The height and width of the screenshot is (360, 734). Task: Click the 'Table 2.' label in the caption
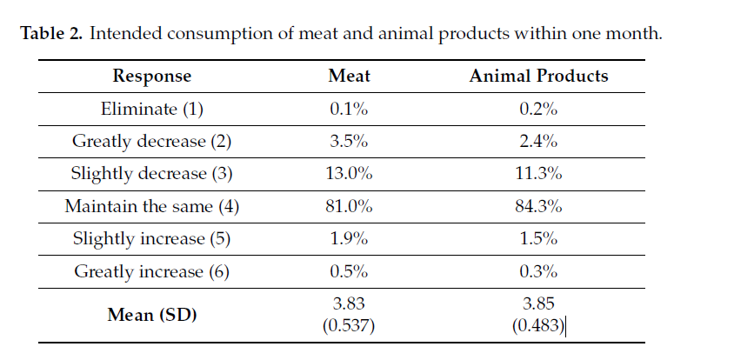52,35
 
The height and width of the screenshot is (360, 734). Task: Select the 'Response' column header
152,76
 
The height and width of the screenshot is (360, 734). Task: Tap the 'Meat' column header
349,76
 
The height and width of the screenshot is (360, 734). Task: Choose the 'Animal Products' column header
538,76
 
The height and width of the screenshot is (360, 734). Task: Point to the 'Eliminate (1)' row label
152,109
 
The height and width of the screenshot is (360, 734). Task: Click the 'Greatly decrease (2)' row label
152,141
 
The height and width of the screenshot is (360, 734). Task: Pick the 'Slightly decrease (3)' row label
152,173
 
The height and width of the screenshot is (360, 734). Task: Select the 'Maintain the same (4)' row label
152,206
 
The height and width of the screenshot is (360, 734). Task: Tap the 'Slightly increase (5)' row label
152,239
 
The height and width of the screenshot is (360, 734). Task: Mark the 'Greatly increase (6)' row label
152,271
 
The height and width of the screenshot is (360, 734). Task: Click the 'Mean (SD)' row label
152,314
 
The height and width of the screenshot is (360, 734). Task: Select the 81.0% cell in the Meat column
349,206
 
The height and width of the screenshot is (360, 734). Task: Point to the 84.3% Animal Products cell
538,206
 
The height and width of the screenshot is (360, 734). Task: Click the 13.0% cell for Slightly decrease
349,173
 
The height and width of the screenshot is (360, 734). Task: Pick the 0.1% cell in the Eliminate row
349,109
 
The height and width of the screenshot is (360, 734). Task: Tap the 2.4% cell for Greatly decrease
538,141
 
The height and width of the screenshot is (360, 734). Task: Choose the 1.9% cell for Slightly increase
349,239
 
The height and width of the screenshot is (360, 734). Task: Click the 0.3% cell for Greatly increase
538,271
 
